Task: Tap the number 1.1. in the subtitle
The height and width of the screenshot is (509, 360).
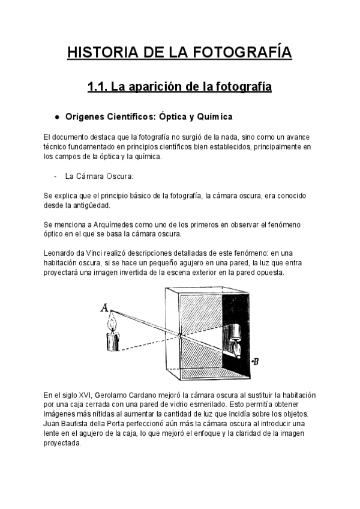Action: pos(97,88)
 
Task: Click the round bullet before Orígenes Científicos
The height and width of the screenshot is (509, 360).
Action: pos(56,116)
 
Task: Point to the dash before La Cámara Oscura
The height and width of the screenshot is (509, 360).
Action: pos(55,176)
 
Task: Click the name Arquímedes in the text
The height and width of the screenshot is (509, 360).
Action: pos(104,224)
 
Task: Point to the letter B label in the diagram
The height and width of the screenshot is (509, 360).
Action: pos(256,361)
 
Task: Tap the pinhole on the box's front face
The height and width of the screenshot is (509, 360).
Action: pos(178,335)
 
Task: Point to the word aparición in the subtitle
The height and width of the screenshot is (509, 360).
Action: pos(155,88)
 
